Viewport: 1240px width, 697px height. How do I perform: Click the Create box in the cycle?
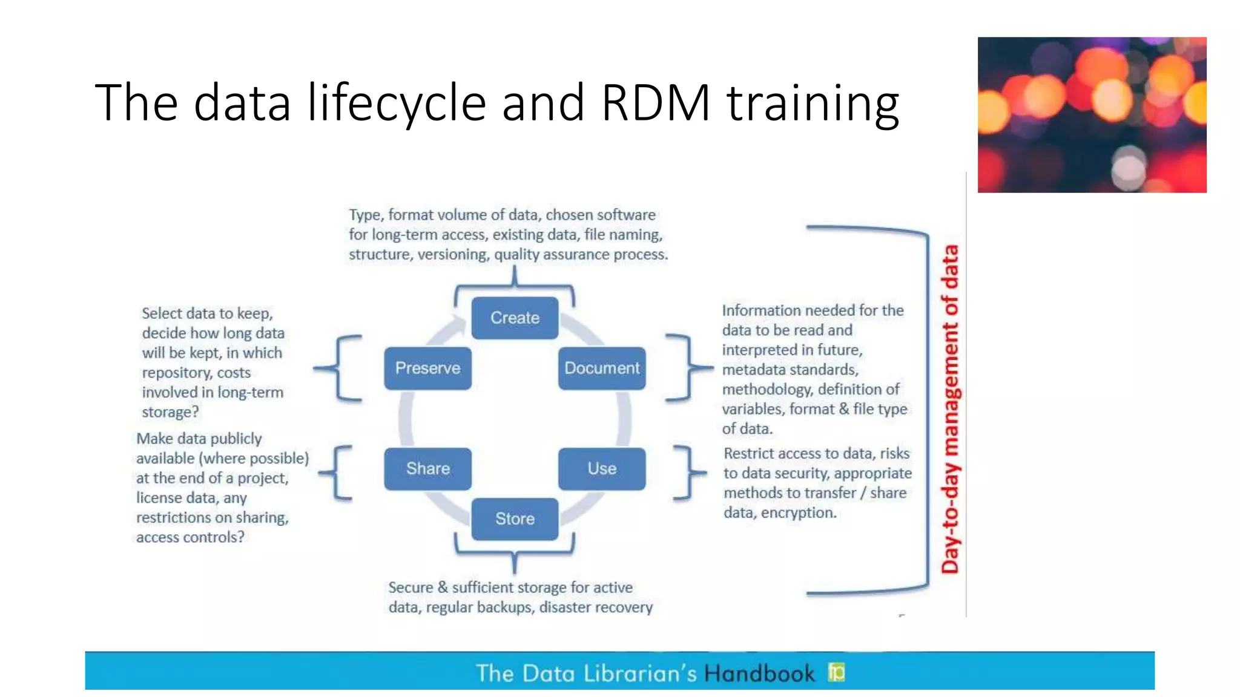pyautogui.click(x=515, y=318)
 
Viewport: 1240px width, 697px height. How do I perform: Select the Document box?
pyautogui.click(x=602, y=368)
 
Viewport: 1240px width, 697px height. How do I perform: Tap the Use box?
pyautogui.click(x=602, y=468)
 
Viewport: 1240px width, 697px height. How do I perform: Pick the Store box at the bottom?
pyautogui.click(x=515, y=519)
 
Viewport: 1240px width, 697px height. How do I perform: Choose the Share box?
pyautogui.click(x=427, y=468)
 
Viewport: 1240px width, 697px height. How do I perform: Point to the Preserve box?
pyautogui.click(x=427, y=368)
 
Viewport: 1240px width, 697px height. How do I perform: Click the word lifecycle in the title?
pyautogui.click(x=397, y=103)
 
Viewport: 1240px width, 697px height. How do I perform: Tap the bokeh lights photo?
pyautogui.click(x=1092, y=115)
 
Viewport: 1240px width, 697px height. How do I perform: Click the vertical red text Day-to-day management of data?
pyautogui.click(x=950, y=409)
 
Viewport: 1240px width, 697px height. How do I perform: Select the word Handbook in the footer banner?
pyautogui.click(x=759, y=673)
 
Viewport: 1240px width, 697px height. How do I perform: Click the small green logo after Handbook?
pyautogui.click(x=836, y=672)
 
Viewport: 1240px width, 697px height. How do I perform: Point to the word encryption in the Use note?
pyautogui.click(x=799, y=513)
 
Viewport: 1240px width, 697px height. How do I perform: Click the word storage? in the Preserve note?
pyautogui.click(x=170, y=412)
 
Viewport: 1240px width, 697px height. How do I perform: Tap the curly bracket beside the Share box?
pyautogui.click(x=338, y=473)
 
